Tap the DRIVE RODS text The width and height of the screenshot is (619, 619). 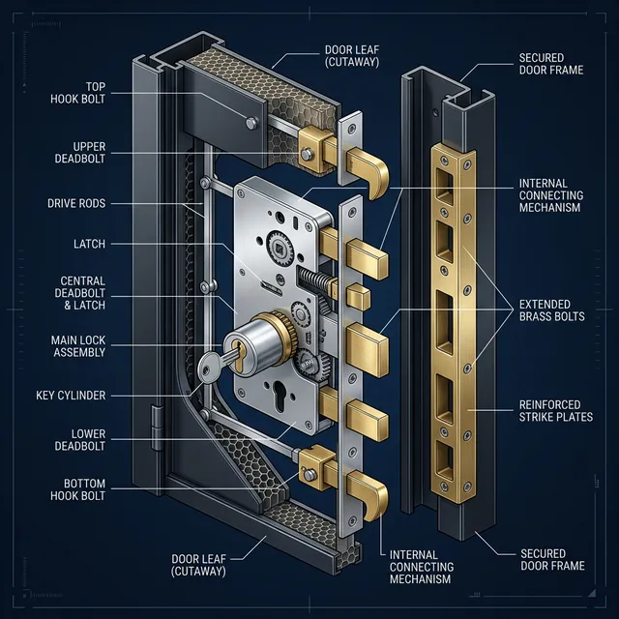pos(76,204)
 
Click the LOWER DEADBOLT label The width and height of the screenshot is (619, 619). pos(81,440)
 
